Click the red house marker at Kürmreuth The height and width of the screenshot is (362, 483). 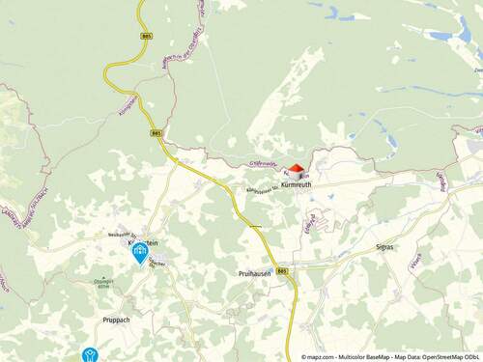coord(297,168)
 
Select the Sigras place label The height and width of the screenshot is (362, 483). coord(384,247)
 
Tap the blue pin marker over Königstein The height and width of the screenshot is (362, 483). coord(141,254)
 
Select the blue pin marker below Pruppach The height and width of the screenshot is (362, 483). coord(91,356)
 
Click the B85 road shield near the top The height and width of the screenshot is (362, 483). coord(146,35)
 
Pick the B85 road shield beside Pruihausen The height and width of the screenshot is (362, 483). coord(282,271)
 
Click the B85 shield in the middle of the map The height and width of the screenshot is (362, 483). coord(157,133)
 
